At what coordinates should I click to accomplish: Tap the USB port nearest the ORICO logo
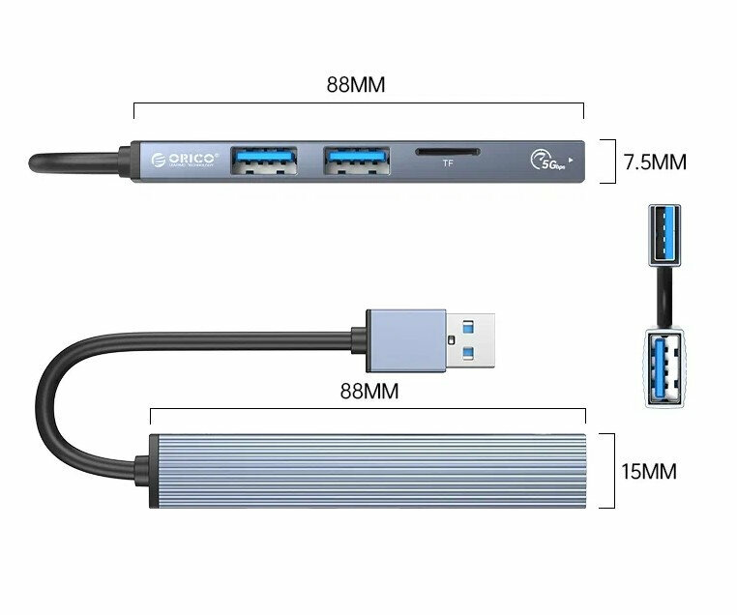pyautogui.click(x=264, y=161)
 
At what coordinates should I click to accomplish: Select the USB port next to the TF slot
pyautogui.click(x=357, y=161)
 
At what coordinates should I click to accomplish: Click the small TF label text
pyautogui.click(x=447, y=164)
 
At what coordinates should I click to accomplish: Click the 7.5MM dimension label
pyautogui.click(x=655, y=162)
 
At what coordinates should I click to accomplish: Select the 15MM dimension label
pyautogui.click(x=648, y=472)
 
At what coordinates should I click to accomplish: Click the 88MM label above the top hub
pyautogui.click(x=355, y=84)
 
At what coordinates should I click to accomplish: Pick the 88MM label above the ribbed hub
pyautogui.click(x=369, y=393)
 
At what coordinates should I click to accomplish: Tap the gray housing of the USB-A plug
pyautogui.click(x=405, y=338)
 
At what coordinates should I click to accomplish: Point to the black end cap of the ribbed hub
pyautogui.click(x=154, y=471)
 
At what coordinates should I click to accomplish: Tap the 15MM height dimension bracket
pyautogui.click(x=611, y=471)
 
